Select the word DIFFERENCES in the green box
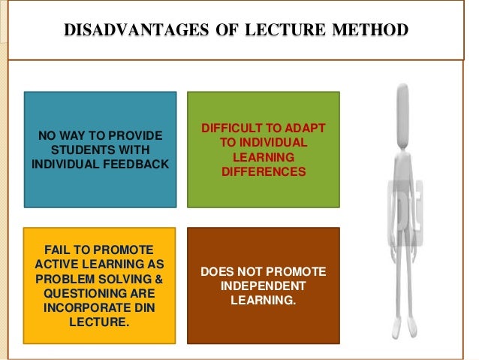264,172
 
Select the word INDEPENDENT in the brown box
264,286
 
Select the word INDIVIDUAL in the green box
264,143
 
